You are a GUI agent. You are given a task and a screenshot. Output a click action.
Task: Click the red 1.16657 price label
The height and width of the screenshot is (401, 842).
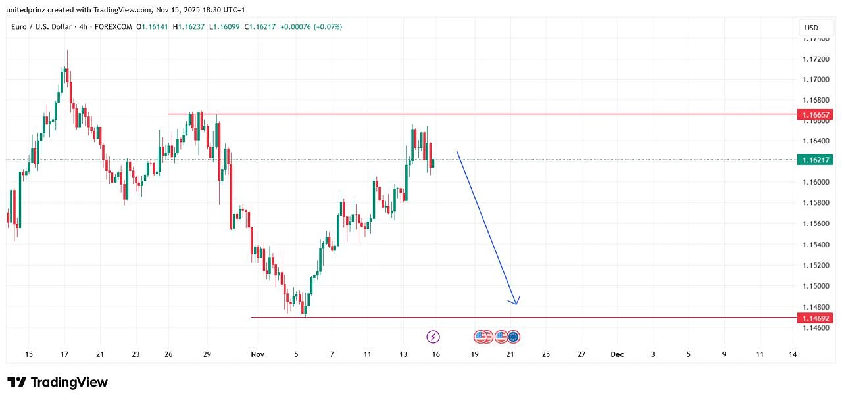[x=815, y=114]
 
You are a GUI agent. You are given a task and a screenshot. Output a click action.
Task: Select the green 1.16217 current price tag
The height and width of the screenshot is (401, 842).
[x=815, y=160]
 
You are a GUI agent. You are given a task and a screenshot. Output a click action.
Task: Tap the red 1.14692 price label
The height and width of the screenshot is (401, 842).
[x=815, y=318]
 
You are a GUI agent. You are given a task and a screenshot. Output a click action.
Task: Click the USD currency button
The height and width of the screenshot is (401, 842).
[x=811, y=28]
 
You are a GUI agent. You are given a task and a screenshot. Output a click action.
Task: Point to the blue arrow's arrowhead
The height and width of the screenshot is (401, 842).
[x=516, y=302]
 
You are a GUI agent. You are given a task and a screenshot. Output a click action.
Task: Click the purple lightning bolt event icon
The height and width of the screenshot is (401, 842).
[x=433, y=337]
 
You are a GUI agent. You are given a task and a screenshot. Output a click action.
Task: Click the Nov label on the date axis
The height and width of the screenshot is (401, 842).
[x=257, y=354]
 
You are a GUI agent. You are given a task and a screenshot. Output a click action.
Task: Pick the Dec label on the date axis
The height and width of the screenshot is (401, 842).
[x=617, y=354]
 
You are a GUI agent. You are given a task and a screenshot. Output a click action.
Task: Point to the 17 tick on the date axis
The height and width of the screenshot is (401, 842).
[x=64, y=354]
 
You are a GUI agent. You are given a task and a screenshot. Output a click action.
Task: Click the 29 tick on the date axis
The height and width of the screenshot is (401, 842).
[x=207, y=354]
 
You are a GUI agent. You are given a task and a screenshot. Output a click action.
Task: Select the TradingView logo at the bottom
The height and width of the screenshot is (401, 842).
[x=58, y=382]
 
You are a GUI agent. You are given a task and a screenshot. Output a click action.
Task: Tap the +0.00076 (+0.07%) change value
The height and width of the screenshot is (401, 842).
[x=311, y=27]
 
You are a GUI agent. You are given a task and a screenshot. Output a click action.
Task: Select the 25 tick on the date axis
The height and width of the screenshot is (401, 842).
[x=545, y=354]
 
